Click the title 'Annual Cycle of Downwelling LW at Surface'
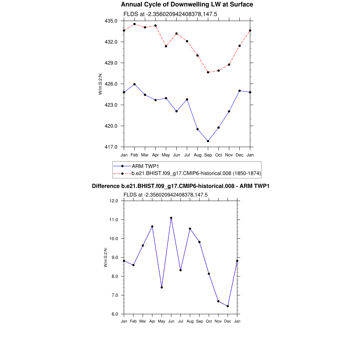click(187, 5)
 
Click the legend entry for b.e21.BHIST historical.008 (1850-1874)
click(196, 173)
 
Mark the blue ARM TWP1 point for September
click(208, 141)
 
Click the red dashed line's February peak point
click(134, 24)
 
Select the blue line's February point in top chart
click(134, 84)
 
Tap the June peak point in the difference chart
click(171, 218)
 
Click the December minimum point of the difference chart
click(228, 306)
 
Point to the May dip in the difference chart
click(162, 288)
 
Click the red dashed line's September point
click(208, 72)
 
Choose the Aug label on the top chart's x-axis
click(198, 155)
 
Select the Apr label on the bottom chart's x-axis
click(152, 321)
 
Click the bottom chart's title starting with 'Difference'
click(180, 186)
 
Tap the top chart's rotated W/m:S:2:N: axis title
click(100, 84)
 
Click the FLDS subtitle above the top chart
click(166, 14)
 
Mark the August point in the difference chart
click(190, 229)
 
